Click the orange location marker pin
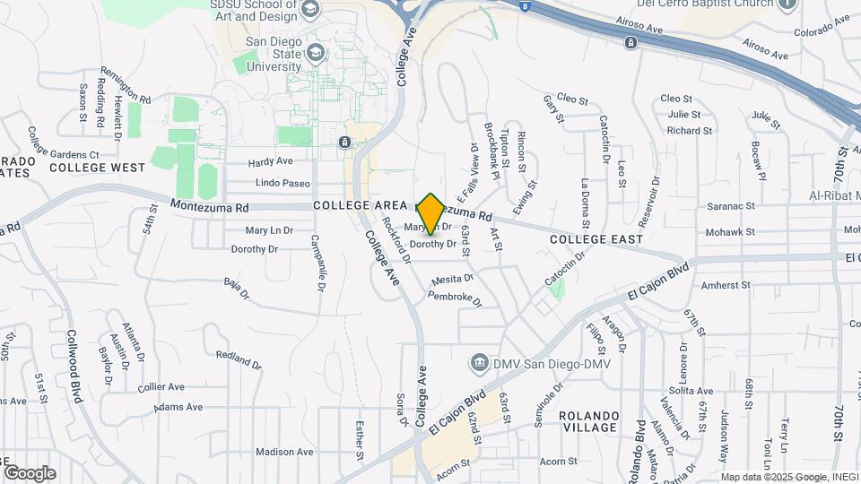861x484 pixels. pyautogui.click(x=430, y=212)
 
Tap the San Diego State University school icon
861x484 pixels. pyautogui.click(x=315, y=53)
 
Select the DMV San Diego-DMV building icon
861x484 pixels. pyautogui.click(x=479, y=362)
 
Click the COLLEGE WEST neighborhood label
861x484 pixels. pyautogui.click(x=97, y=168)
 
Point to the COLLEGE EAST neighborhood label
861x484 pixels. pyautogui.click(x=596, y=239)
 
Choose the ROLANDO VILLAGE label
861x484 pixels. pyautogui.click(x=588, y=421)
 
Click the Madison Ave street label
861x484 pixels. pyautogui.click(x=283, y=453)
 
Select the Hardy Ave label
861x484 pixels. pyautogui.click(x=271, y=162)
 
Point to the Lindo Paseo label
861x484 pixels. pyautogui.click(x=283, y=184)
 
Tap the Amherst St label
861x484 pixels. pyautogui.click(x=726, y=285)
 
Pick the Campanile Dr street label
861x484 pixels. pyautogui.click(x=317, y=263)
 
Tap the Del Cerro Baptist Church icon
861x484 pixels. pyautogui.click(x=788, y=4)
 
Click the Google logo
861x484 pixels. pyautogui.click(x=30, y=473)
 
